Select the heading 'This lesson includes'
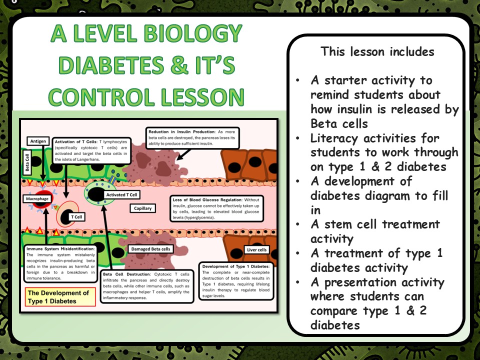pos(377,51)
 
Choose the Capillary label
pos(142,207)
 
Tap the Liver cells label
pos(257,249)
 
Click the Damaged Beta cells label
pos(150,248)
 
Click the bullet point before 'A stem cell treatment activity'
pos(298,225)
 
